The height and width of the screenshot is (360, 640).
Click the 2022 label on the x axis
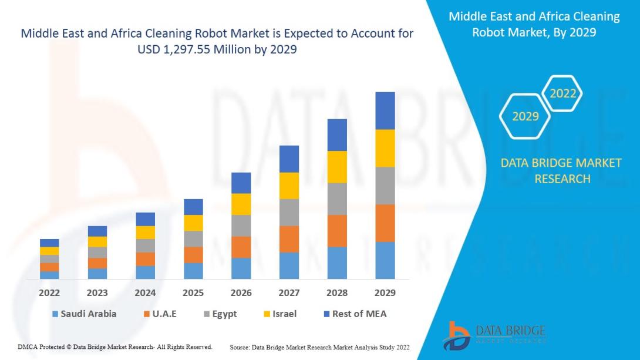pos(49,292)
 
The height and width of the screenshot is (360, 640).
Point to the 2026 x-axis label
pos(241,292)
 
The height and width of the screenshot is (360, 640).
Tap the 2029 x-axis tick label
pos(385,292)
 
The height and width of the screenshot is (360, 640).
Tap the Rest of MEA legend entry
pos(353,314)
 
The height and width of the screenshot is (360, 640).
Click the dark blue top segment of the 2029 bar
pos(385,110)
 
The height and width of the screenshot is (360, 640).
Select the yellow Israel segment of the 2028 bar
pos(337,167)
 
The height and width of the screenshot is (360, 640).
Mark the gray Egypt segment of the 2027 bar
pos(289,212)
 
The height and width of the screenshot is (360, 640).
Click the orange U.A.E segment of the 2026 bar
pos(241,247)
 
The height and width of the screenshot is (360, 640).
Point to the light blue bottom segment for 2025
pos(193,271)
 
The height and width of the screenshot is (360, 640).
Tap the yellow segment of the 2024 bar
pos(145,233)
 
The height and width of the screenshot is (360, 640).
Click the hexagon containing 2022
pos(562,93)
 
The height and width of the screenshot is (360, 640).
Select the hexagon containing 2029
pos(525,116)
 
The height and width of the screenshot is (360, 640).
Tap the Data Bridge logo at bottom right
pos(494,335)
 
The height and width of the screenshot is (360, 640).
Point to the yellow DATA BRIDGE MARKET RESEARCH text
pos(561,170)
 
